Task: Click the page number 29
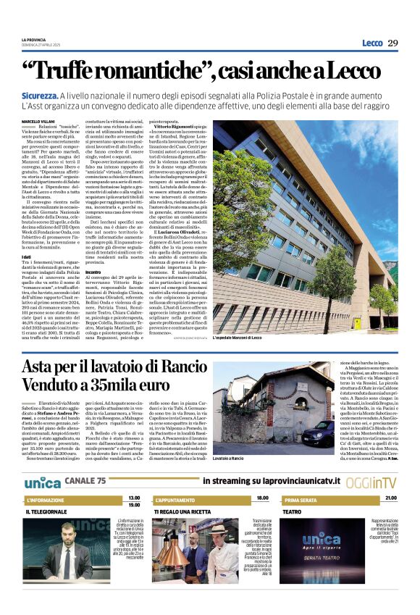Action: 393,43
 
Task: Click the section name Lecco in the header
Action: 372,43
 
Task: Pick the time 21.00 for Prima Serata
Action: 391,498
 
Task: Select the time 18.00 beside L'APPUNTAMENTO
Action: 261,498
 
